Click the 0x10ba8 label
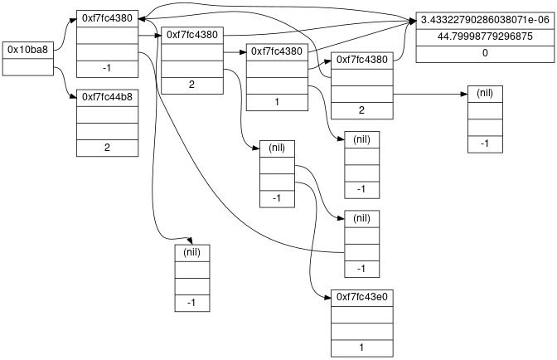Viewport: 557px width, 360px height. click(27, 50)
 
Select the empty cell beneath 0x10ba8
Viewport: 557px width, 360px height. click(27, 66)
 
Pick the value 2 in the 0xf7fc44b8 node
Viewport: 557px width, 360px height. click(107, 148)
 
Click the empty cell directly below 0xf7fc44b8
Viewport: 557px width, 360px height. click(107, 114)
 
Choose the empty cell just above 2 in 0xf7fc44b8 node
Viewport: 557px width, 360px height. click(107, 131)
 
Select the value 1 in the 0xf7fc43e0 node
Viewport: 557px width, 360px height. click(361, 348)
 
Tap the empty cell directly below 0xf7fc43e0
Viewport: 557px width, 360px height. click(361, 314)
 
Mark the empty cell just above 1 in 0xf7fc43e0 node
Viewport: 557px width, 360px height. click(361, 331)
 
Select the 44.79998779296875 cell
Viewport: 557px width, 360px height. click(484, 36)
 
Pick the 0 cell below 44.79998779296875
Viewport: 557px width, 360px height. click(484, 53)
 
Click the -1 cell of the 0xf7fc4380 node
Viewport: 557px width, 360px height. click(107, 66)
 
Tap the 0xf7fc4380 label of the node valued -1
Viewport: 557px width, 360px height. click(107, 18)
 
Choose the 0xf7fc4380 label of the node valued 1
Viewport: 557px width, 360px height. click(276, 51)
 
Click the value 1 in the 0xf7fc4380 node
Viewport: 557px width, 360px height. click(276, 101)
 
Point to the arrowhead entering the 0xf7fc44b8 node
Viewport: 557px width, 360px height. click(74, 97)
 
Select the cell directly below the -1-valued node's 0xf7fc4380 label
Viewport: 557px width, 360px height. click(107, 34)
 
